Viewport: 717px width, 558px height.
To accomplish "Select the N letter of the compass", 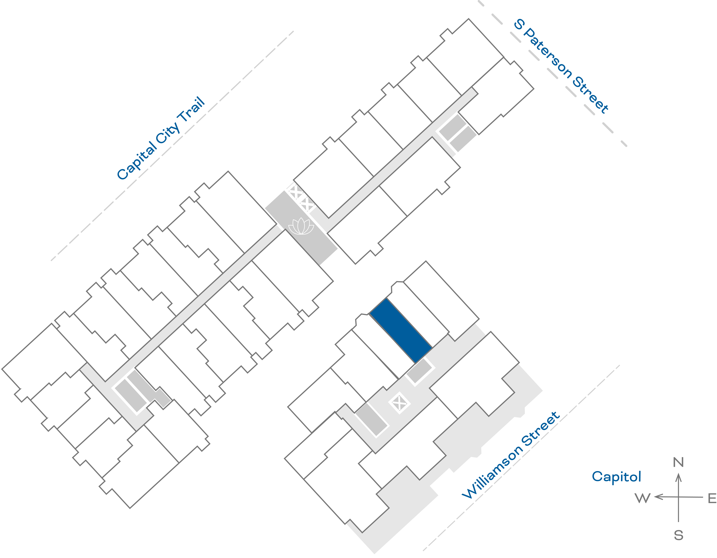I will (678, 462).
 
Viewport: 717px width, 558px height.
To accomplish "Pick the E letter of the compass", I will (712, 499).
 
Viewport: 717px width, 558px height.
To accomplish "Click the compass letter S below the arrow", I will (678, 536).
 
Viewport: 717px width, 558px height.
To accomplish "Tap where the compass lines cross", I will (678, 497).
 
